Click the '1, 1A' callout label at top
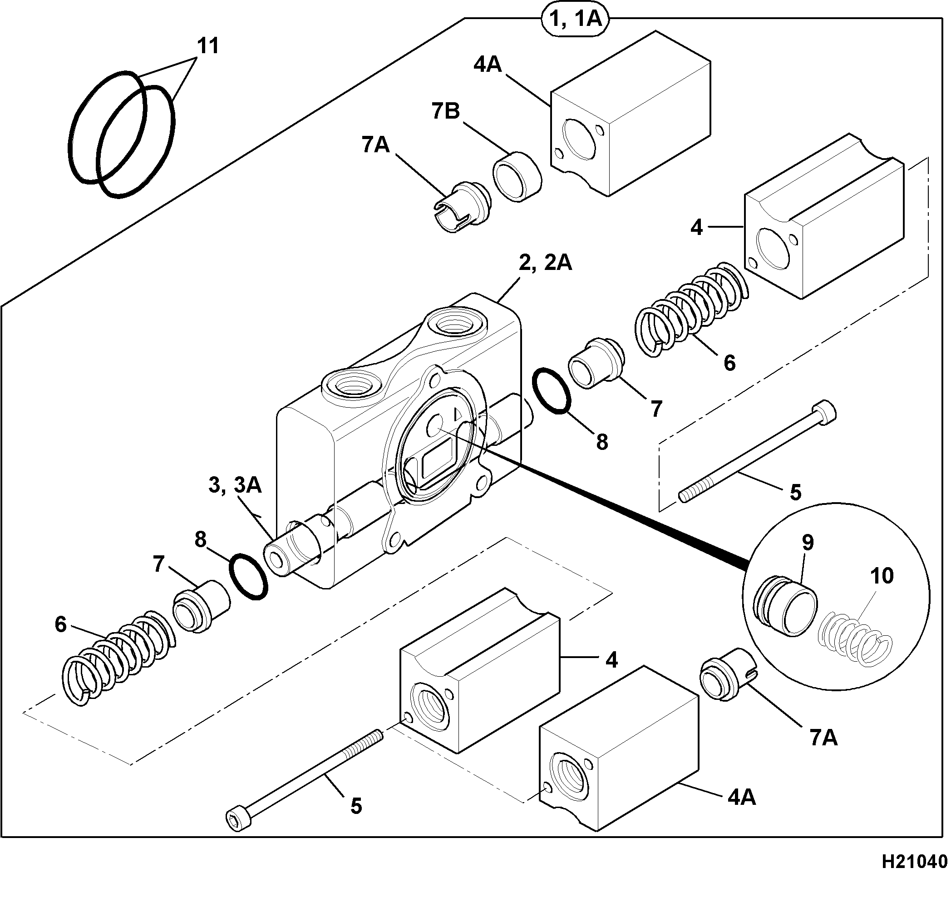tap(576, 20)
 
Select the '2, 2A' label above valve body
tap(545, 264)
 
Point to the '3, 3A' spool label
tap(235, 485)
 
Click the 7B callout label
tap(445, 112)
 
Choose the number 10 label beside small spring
tap(882, 576)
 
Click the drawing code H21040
tap(915, 862)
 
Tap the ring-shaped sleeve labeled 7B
tap(517, 176)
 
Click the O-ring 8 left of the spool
tap(248, 577)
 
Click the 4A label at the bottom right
tap(742, 798)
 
